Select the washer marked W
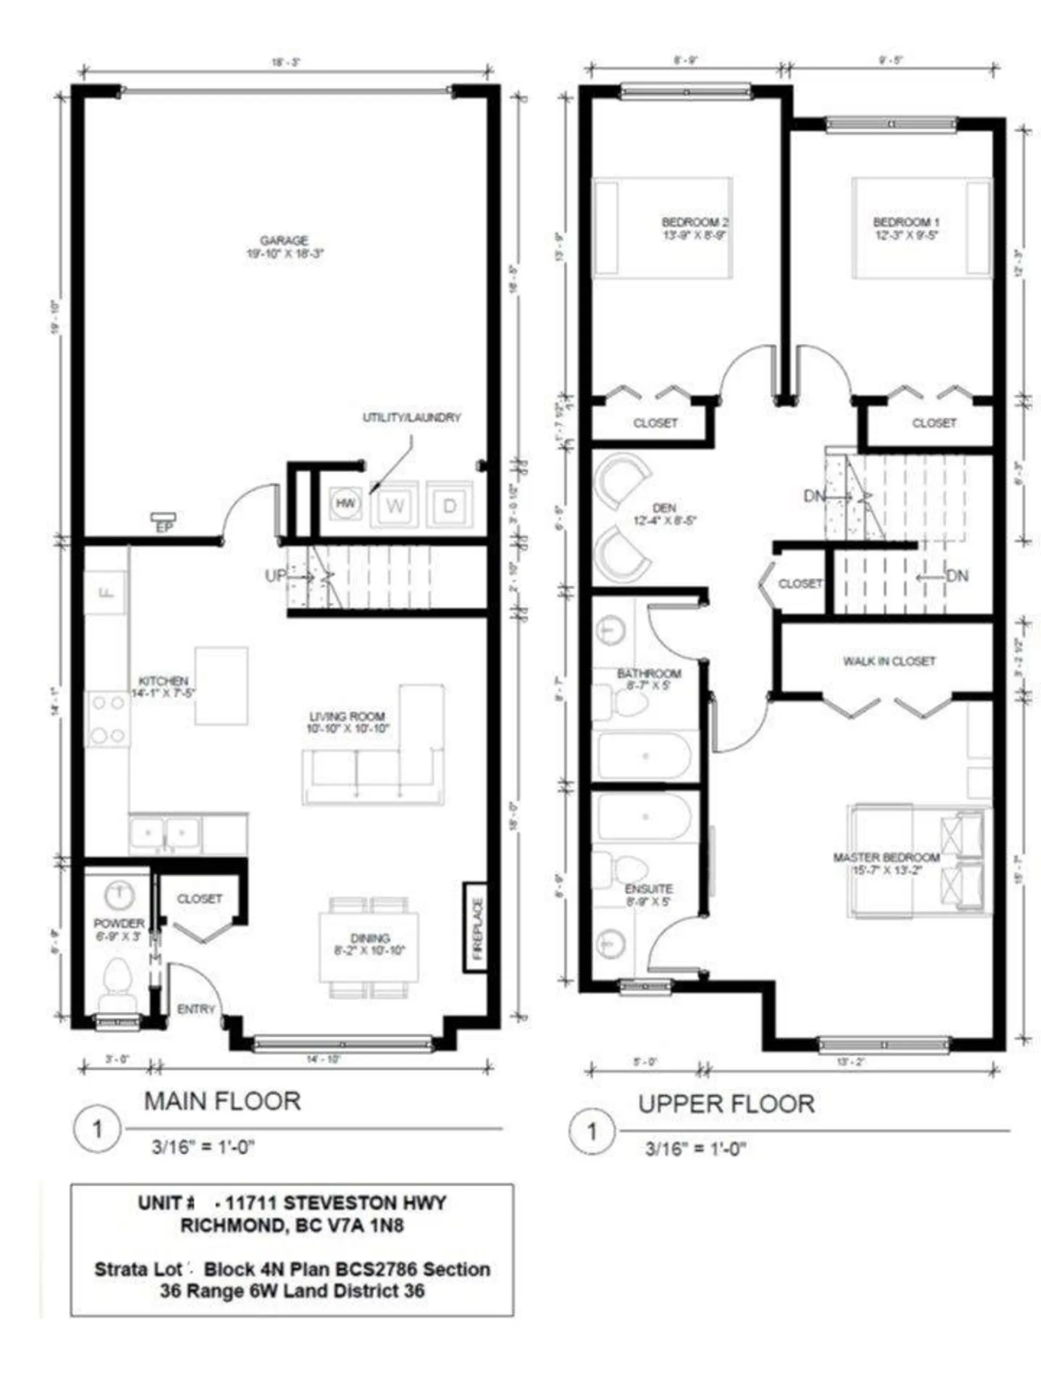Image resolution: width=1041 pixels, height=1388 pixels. coord(395,505)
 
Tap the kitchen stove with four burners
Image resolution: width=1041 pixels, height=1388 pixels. coord(107,718)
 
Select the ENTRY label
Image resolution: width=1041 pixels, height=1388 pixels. coord(196,1009)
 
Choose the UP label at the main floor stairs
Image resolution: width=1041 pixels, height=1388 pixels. coord(275,575)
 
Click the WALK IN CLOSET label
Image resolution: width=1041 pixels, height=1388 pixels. coord(889,661)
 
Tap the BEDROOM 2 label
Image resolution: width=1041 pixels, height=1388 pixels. coord(695,222)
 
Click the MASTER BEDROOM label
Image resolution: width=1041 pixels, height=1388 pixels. coord(886,857)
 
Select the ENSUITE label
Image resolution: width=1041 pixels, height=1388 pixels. coord(649,889)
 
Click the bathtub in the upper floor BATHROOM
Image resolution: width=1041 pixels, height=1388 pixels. coord(645,756)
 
